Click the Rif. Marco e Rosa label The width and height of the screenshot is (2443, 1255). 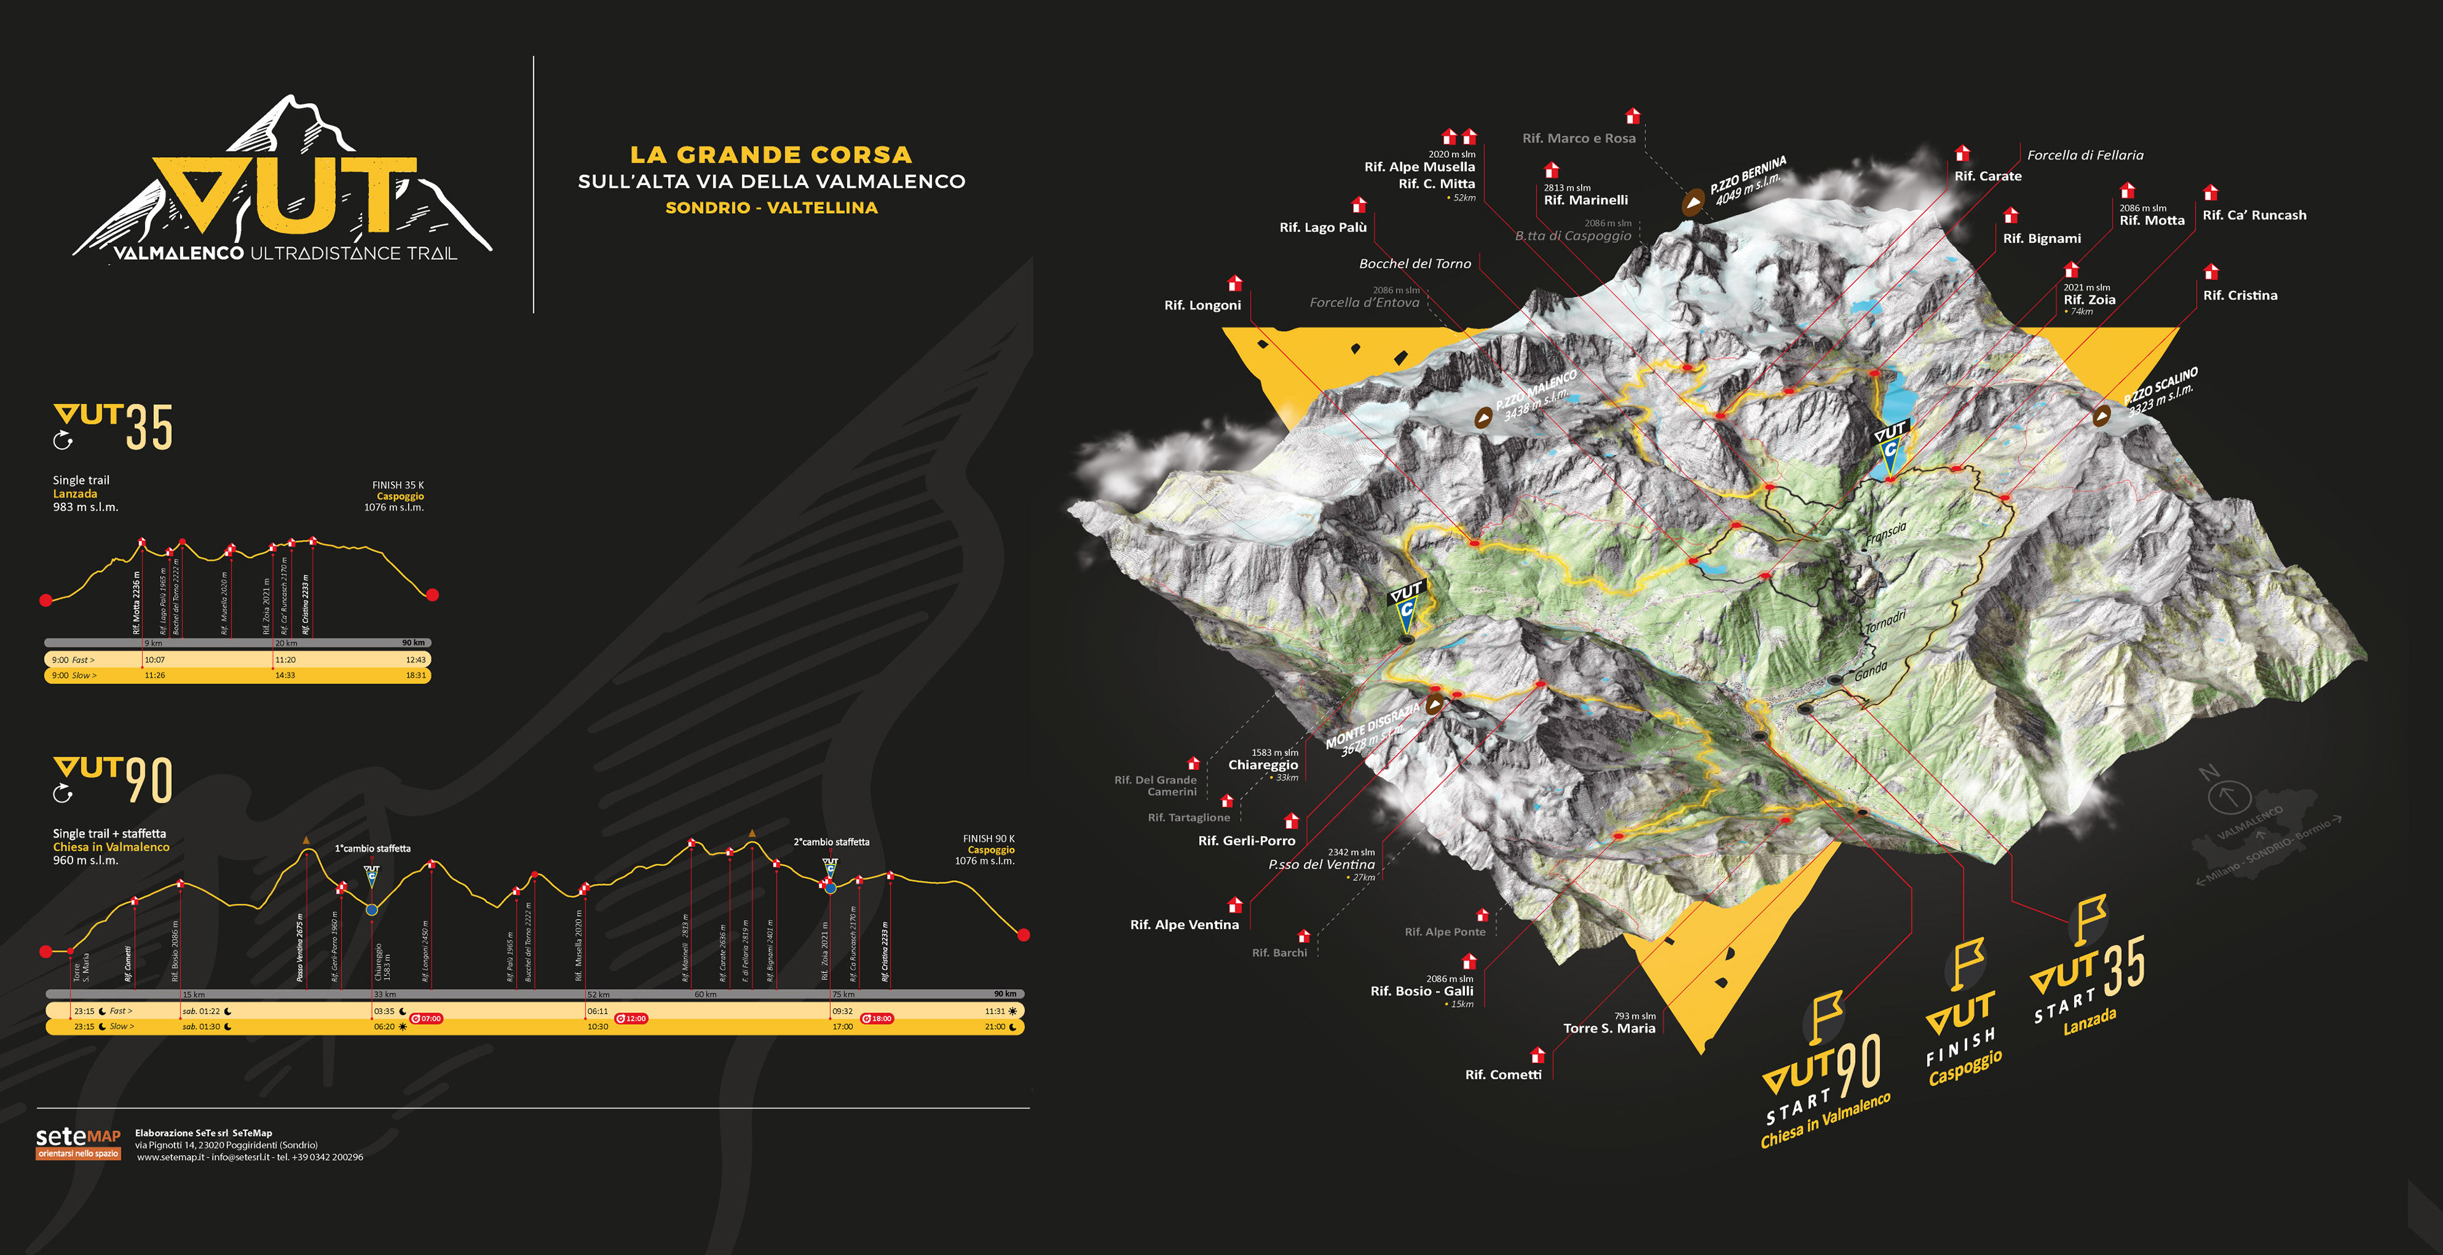[x=1579, y=139]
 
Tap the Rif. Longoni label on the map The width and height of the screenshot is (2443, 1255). [x=1202, y=305]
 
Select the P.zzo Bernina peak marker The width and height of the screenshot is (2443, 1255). [x=1693, y=202]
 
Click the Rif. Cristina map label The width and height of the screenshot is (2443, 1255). [x=2240, y=296]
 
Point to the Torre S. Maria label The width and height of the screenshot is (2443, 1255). [x=1610, y=1028]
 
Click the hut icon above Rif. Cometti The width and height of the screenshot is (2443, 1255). [x=1537, y=1055]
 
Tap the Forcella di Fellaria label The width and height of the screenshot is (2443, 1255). [x=2085, y=155]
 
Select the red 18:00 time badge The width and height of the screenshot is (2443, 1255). [x=877, y=1019]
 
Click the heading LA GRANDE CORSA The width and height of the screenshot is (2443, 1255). [x=771, y=155]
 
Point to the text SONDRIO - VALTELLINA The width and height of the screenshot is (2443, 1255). [x=771, y=207]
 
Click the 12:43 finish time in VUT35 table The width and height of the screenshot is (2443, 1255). [x=415, y=660]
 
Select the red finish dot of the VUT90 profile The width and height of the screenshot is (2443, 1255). [x=1023, y=936]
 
